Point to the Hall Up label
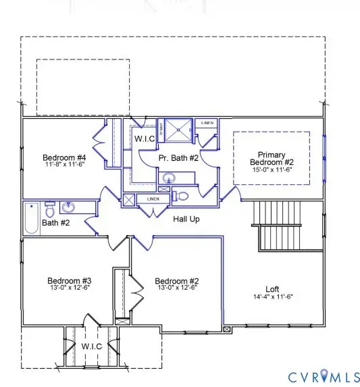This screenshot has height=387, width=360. pyautogui.click(x=186, y=219)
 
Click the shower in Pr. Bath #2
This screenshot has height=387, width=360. pyautogui.click(x=180, y=129)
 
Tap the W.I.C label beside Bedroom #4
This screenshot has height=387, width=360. pyautogui.click(x=145, y=138)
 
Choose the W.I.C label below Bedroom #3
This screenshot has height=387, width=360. pyautogui.click(x=91, y=346)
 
